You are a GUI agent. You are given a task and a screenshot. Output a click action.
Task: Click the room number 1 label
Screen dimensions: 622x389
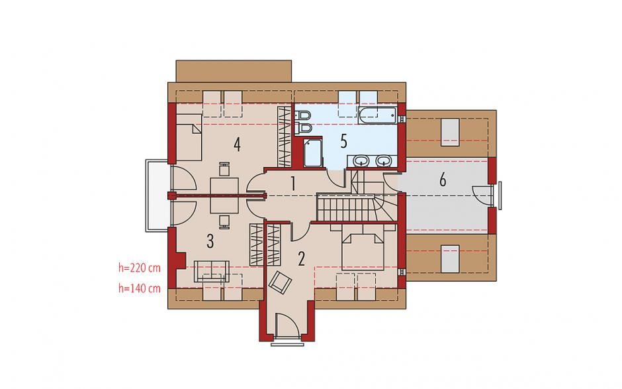pos(293,184)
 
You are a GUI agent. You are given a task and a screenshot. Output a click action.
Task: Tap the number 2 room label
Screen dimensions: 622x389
pos(302,258)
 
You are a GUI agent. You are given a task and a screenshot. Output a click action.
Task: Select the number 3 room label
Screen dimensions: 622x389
pos(210,241)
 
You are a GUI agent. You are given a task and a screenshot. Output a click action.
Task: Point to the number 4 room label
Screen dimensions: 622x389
pos(237,144)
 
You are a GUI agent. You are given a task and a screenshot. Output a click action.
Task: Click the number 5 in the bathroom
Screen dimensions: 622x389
pos(344,141)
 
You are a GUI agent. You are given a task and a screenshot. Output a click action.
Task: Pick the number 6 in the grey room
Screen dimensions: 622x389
pos(443,180)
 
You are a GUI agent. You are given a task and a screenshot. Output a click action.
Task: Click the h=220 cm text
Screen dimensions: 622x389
pos(140,268)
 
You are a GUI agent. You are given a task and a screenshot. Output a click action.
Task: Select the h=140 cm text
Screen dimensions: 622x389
pos(140,288)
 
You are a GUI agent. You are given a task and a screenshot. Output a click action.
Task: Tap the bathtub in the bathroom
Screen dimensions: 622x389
pos(377,115)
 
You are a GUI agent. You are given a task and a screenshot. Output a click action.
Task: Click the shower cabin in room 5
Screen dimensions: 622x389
pos(312,152)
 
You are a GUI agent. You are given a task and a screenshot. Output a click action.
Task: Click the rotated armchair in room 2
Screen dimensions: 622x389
pos(280,282)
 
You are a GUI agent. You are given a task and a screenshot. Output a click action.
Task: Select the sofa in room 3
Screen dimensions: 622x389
pos(212,272)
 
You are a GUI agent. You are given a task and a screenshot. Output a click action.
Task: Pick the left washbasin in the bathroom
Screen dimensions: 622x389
pos(362,161)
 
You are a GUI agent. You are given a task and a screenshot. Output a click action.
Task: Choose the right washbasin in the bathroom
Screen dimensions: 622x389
pos(383,161)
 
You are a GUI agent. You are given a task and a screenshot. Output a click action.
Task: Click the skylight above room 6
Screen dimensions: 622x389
pos(450,132)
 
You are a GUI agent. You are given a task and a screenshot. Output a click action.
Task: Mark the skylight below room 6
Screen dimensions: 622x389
pos(450,259)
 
